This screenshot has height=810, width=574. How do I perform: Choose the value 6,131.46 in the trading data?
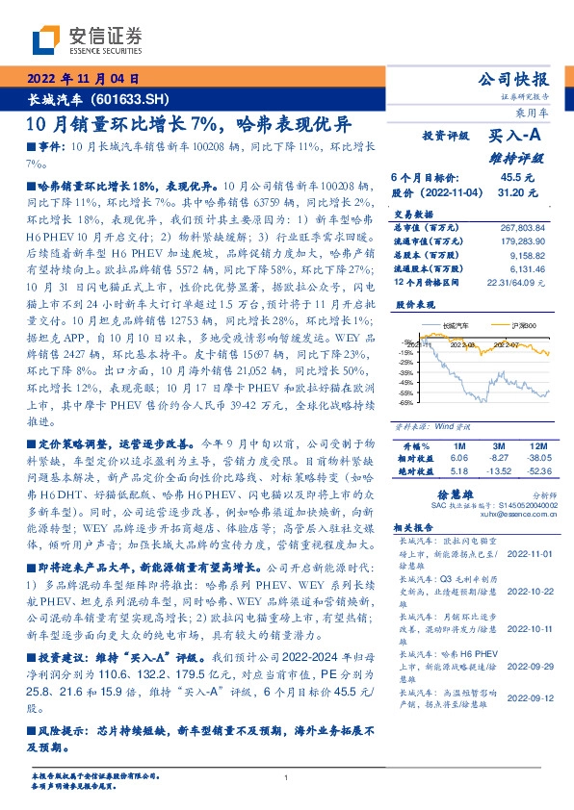(x=526, y=270)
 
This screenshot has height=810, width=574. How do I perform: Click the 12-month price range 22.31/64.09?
(x=516, y=284)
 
